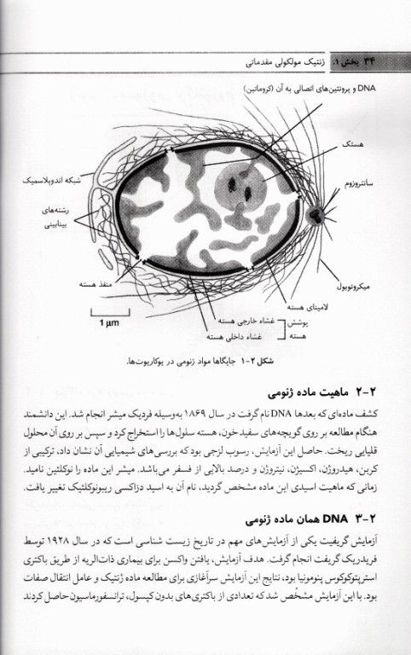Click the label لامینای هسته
(x=303, y=306)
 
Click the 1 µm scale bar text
(x=107, y=323)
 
